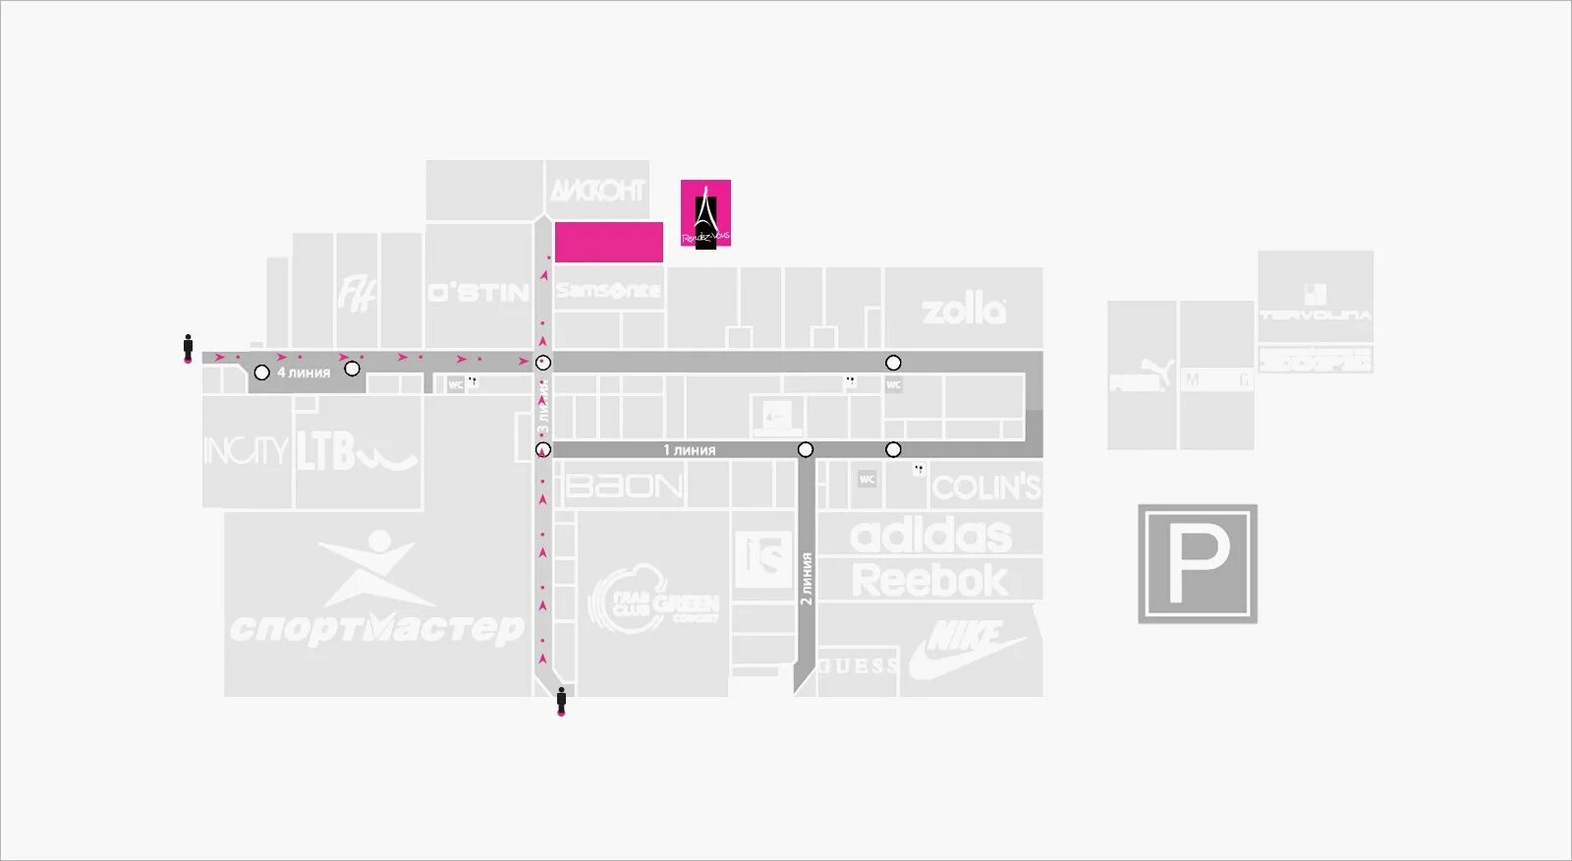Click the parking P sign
(1198, 564)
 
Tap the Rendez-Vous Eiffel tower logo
(705, 213)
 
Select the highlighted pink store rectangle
(609, 242)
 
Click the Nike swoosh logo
(967, 648)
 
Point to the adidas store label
(930, 536)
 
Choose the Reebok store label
(929, 580)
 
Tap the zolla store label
(964, 311)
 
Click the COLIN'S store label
(985, 488)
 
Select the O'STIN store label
(478, 293)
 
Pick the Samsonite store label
(608, 290)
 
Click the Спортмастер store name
(376, 627)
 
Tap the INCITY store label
(246, 451)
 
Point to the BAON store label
(625, 487)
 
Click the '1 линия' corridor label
(689, 450)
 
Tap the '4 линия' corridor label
(304, 373)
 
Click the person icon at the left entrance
(188, 348)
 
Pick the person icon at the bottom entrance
(561, 701)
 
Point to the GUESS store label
(858, 666)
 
